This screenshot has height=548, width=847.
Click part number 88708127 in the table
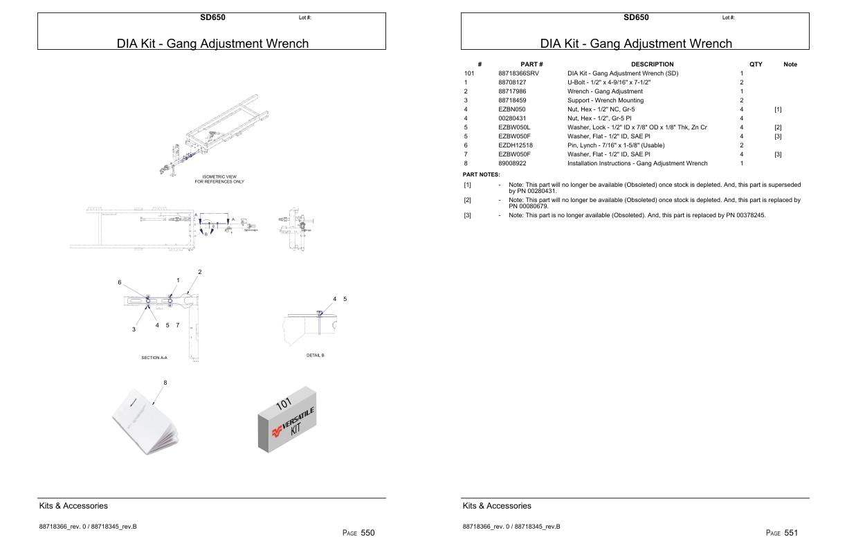(x=512, y=82)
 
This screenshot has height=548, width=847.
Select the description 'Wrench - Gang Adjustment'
(x=605, y=91)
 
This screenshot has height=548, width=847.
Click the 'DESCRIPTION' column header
(x=652, y=64)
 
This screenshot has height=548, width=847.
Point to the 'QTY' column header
(x=756, y=64)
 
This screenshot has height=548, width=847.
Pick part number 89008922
(x=512, y=163)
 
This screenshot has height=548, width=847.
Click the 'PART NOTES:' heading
(x=481, y=174)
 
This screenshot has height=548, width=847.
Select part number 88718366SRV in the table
(x=518, y=73)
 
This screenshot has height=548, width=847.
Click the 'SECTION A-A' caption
(x=154, y=358)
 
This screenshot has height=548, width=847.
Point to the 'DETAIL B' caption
(x=315, y=355)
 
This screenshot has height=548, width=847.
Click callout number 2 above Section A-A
(x=200, y=272)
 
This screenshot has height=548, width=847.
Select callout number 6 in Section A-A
(x=119, y=282)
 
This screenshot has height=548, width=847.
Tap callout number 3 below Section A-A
(x=134, y=329)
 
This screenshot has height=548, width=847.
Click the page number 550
(x=367, y=533)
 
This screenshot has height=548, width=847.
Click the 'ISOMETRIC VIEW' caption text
(x=219, y=176)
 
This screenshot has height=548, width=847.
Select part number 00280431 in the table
(x=512, y=118)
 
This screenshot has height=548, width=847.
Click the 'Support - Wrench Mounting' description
(x=605, y=100)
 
